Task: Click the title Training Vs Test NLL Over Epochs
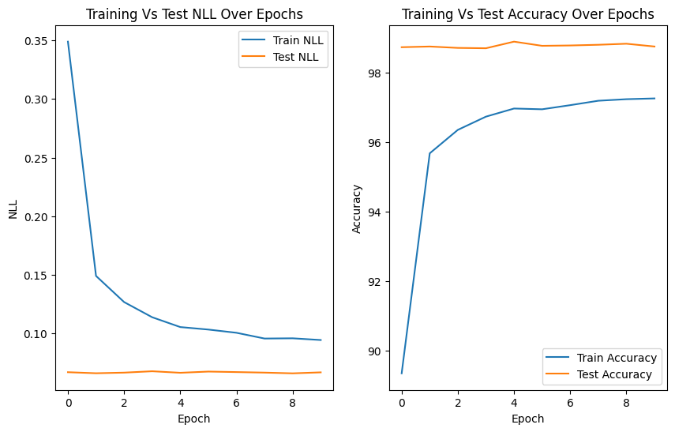click(x=194, y=14)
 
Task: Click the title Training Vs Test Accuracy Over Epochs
click(x=528, y=14)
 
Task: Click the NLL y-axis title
click(x=13, y=208)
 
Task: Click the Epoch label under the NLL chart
click(x=194, y=419)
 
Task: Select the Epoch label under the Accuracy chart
click(x=528, y=419)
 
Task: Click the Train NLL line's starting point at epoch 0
click(x=68, y=41)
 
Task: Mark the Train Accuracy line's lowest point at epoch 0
click(x=402, y=373)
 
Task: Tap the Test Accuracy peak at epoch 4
click(x=514, y=42)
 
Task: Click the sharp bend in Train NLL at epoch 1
click(x=96, y=276)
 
